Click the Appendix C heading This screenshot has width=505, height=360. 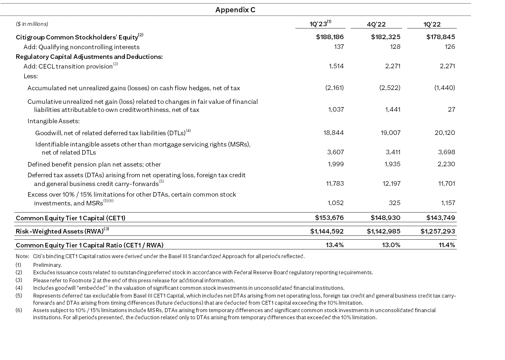235,10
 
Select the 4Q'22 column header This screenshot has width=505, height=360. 376,24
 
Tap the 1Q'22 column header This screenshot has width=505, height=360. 432,24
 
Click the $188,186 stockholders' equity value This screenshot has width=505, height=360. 330,37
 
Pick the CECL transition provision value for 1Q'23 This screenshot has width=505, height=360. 336,66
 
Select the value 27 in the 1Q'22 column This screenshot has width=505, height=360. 451,109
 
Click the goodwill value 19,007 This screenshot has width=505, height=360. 390,133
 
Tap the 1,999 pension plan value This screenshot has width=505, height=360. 336,164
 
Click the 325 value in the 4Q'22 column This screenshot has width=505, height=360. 395,203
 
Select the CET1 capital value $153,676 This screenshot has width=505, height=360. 329,218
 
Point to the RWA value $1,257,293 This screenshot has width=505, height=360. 438,231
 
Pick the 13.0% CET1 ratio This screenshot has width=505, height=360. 391,245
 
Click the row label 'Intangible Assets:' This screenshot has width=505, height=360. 53,121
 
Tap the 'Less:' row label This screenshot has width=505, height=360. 31,76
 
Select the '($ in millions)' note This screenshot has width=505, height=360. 32,24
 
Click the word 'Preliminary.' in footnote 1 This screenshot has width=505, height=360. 48,265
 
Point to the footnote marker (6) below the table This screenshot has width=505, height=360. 19,310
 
